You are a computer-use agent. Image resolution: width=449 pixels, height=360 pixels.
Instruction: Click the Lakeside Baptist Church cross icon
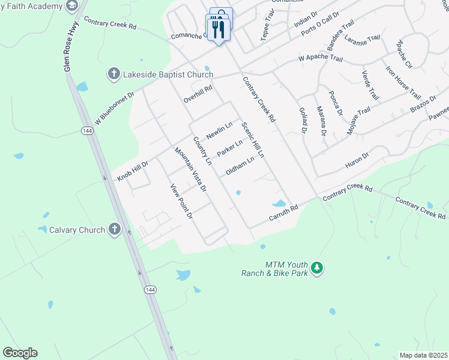point(113,74)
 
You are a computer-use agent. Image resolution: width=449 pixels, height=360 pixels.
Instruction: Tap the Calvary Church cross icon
point(115,229)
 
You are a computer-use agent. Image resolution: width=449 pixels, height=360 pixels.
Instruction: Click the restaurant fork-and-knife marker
point(218,29)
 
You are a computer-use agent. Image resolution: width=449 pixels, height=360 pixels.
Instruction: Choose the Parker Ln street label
point(230,148)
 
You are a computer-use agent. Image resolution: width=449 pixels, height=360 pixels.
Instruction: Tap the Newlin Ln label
point(219,130)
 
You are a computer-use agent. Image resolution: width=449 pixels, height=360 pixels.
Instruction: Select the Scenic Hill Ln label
point(253,140)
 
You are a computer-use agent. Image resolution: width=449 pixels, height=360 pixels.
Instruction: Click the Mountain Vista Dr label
point(190,170)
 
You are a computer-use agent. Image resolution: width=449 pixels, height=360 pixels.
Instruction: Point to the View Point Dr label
point(181,202)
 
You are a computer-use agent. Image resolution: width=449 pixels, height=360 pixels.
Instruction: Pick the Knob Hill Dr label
point(133,170)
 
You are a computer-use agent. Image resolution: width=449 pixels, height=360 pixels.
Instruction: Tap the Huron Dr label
point(357,160)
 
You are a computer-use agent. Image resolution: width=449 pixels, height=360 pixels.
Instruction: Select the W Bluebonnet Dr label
point(113,106)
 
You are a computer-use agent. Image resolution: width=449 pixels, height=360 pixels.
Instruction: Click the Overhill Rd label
point(199,95)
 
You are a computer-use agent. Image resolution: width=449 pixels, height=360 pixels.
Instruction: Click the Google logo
point(20,353)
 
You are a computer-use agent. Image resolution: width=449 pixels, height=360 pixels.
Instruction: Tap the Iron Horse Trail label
point(403,83)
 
